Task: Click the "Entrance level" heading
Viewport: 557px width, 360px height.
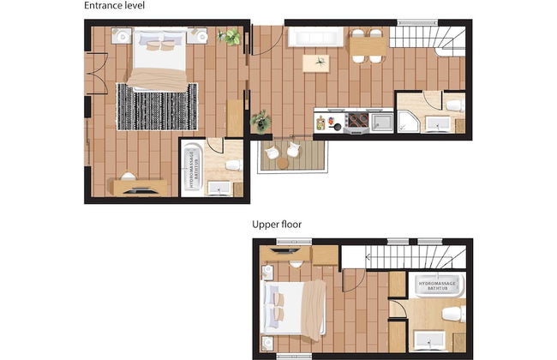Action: (x=114, y=6)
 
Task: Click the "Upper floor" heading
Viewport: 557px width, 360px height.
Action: (x=277, y=225)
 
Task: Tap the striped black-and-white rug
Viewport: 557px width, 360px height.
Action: (x=157, y=106)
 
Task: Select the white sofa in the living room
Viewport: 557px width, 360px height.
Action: (x=315, y=37)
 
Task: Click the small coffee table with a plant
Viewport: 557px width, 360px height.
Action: (x=316, y=63)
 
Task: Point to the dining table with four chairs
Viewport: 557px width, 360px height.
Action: (x=368, y=46)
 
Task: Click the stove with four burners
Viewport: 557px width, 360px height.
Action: (x=357, y=121)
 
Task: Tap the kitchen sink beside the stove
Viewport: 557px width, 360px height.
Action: (x=382, y=122)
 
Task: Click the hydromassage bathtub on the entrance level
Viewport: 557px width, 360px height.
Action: (x=192, y=166)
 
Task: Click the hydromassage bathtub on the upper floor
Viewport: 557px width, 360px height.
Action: (x=436, y=285)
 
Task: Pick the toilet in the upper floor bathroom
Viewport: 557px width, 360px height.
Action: (x=454, y=315)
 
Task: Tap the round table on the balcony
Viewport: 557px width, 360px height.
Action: (x=283, y=163)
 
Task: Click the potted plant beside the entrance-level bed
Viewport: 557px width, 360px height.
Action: (x=229, y=37)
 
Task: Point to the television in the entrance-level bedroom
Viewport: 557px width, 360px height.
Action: (x=141, y=191)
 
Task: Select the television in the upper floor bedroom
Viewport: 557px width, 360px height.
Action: (x=284, y=251)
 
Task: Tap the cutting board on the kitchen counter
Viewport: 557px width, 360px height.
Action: (x=320, y=123)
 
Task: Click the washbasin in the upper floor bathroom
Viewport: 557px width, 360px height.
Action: (x=430, y=340)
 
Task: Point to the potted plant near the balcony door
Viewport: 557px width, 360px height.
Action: (x=261, y=121)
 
